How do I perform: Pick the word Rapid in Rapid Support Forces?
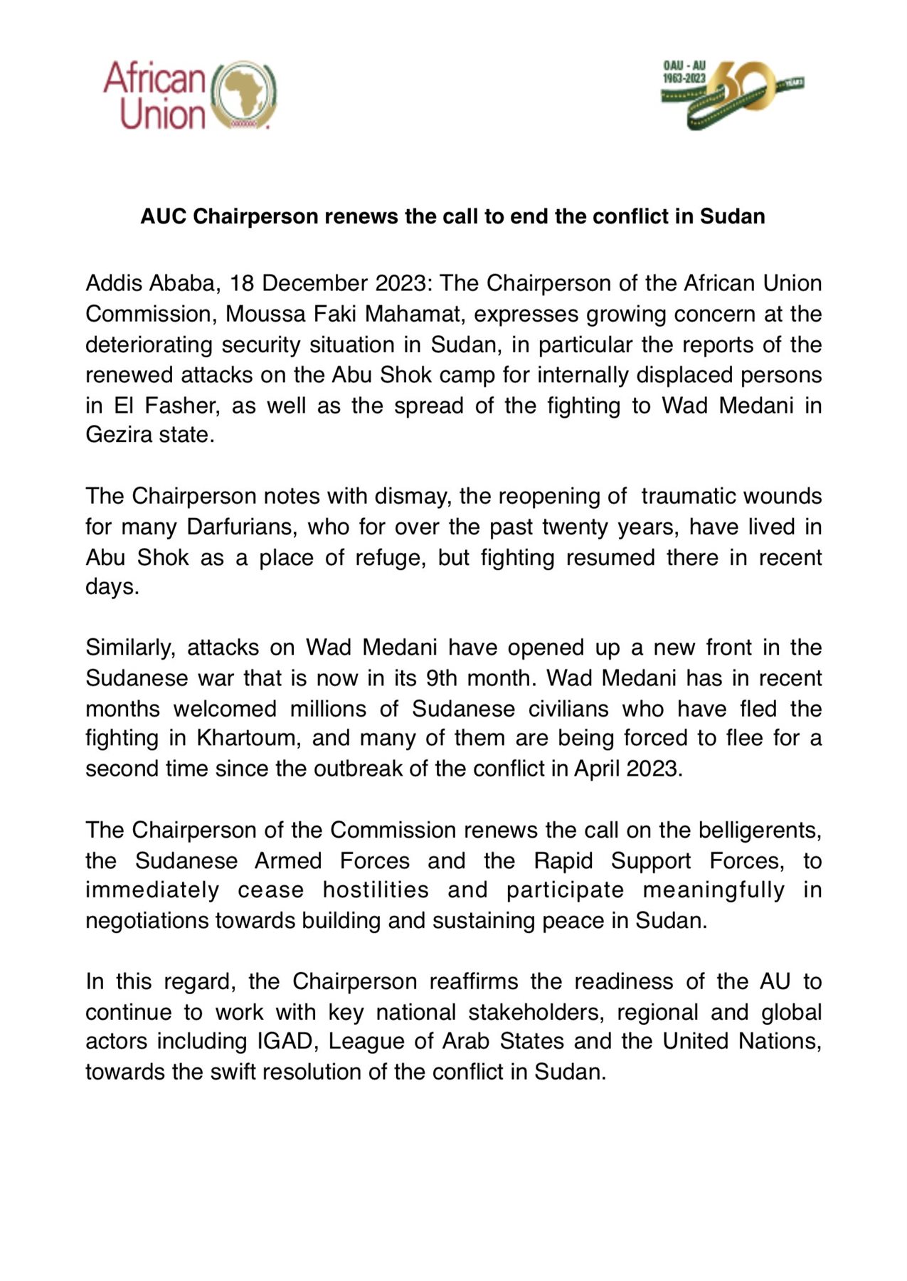(x=563, y=861)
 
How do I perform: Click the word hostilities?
(x=376, y=890)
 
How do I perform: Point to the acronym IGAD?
(x=283, y=1041)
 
